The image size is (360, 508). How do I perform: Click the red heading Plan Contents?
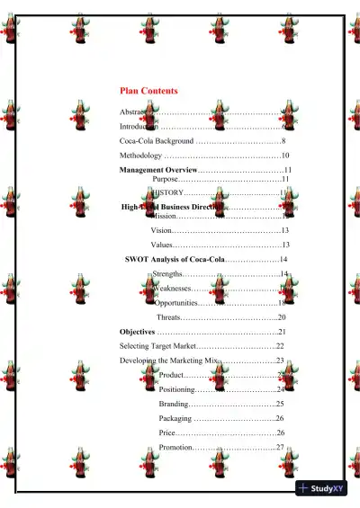click(148, 91)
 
